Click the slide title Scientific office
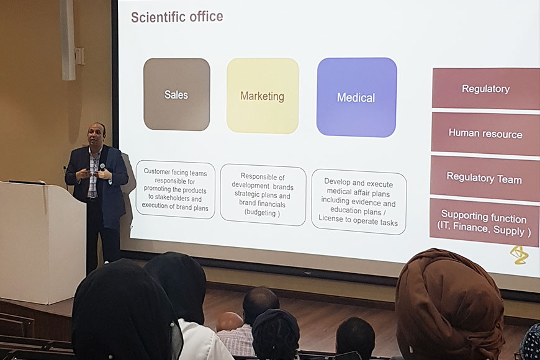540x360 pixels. point(177,17)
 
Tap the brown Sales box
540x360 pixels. point(177,94)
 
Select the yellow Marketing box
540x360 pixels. point(263,96)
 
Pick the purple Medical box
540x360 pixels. point(356,97)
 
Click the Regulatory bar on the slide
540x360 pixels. point(485,89)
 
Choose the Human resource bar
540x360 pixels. point(485,133)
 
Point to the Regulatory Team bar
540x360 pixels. point(484,178)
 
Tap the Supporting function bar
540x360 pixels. point(484,223)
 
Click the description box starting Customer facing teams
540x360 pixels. point(175,189)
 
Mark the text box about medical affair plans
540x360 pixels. point(359,202)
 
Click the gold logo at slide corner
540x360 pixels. point(520,255)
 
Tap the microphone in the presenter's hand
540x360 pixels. point(102,168)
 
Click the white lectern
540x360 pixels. point(42,242)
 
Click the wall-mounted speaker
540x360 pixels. point(68,40)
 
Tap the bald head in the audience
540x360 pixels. point(230,322)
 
